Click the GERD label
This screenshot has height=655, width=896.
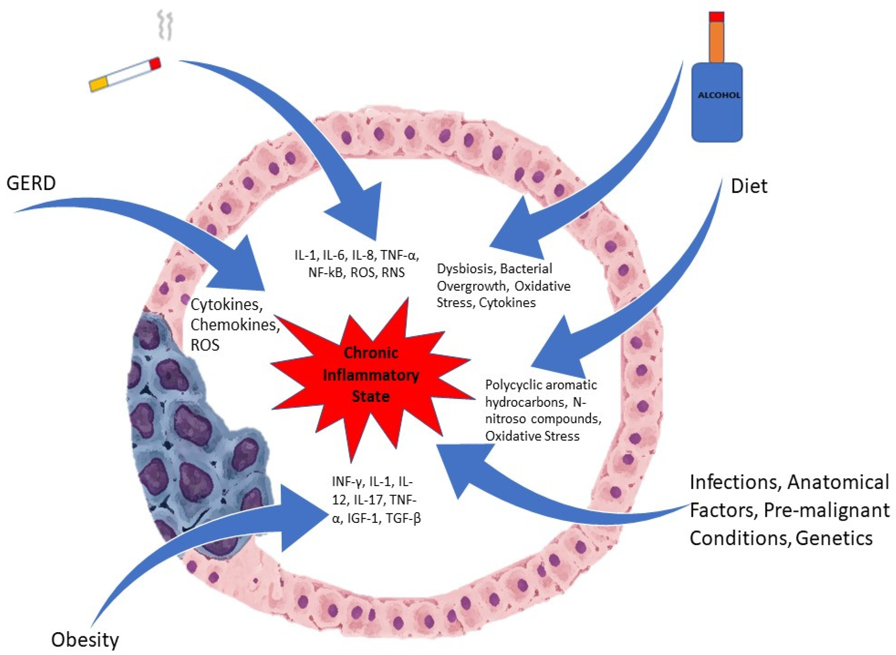pyautogui.click(x=31, y=183)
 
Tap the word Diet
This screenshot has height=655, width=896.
pyautogui.click(x=749, y=186)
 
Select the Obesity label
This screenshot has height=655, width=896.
pyautogui.click(x=85, y=639)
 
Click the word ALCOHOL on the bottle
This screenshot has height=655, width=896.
pyautogui.click(x=719, y=96)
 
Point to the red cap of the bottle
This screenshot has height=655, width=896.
pyautogui.click(x=717, y=17)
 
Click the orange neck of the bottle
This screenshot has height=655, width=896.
pyautogui.click(x=717, y=42)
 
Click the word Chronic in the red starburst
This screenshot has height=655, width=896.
pyautogui.click(x=371, y=352)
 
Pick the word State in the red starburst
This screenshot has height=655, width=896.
pyautogui.click(x=371, y=396)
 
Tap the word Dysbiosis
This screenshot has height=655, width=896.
pyautogui.click(x=465, y=269)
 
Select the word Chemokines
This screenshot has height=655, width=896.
pyautogui.click(x=234, y=325)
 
